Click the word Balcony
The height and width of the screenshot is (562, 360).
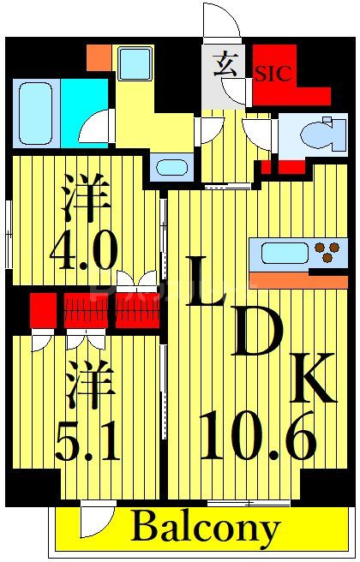click(205, 528)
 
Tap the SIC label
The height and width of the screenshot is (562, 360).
click(273, 75)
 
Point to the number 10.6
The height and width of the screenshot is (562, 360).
click(257, 434)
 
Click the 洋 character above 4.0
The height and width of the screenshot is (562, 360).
click(85, 199)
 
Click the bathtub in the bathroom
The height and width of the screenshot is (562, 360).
click(36, 113)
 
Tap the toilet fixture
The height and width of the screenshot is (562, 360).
click(322, 135)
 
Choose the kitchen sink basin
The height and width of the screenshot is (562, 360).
click(285, 253)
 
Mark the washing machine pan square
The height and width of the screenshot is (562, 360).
click(135, 64)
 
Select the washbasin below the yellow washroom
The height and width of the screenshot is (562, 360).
click(174, 167)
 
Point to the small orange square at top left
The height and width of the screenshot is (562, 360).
click(99, 57)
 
